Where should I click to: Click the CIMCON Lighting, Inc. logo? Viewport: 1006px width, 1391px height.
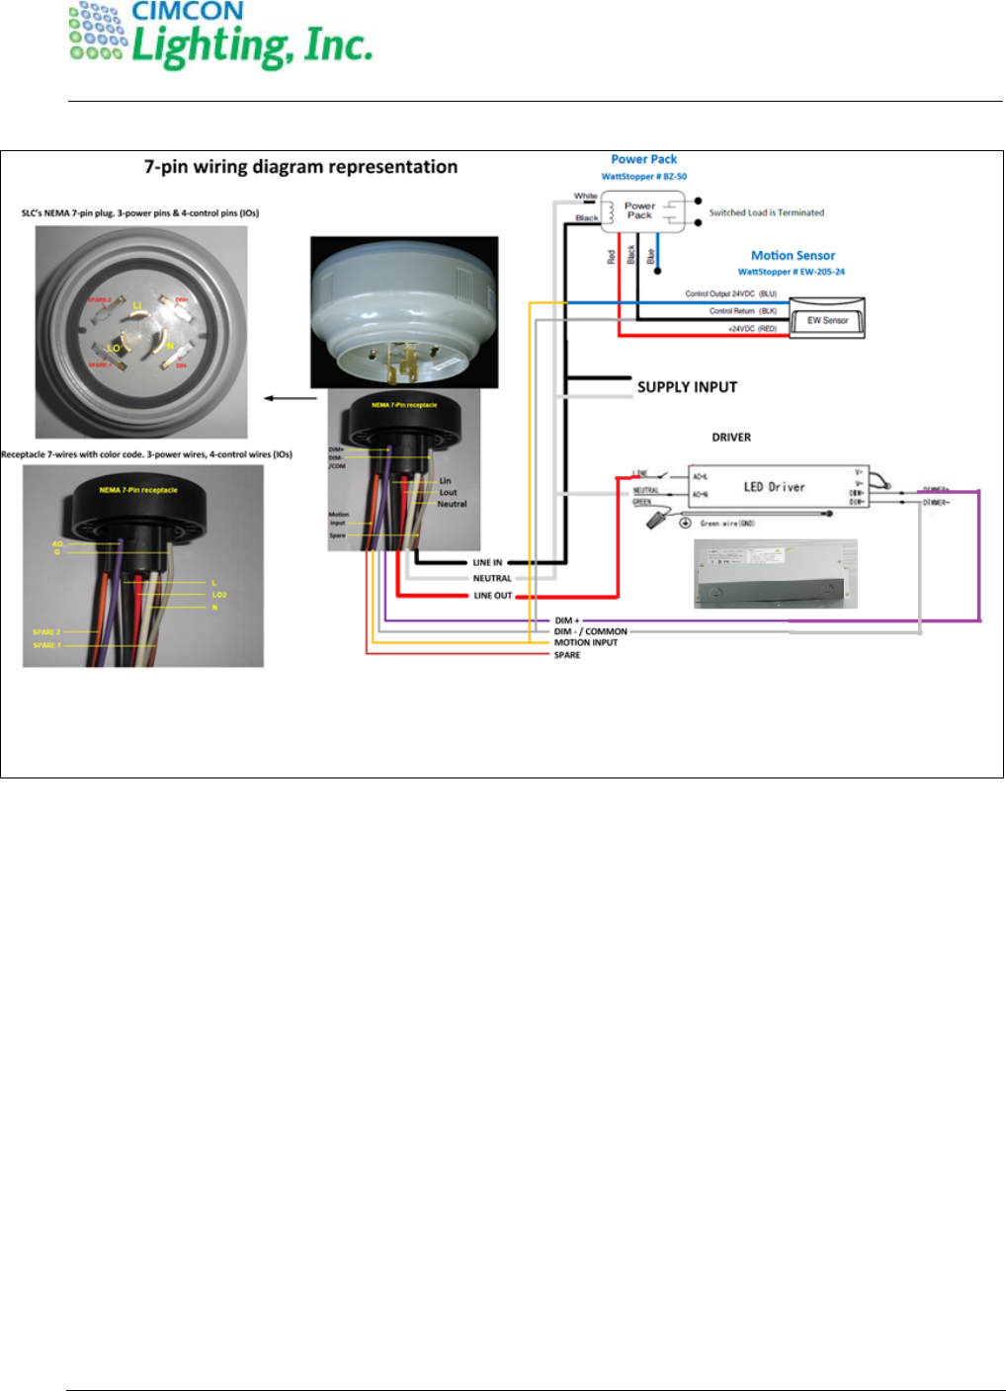tap(220, 38)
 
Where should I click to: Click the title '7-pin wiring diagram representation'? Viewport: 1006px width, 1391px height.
tap(300, 167)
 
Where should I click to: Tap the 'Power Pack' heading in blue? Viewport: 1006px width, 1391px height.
tap(643, 159)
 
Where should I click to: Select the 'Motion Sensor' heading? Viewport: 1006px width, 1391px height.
tap(793, 255)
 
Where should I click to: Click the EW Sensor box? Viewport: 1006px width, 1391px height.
tap(827, 320)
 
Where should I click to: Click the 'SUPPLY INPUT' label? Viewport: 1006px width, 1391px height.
tap(687, 387)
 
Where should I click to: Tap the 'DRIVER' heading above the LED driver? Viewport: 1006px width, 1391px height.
tap(731, 437)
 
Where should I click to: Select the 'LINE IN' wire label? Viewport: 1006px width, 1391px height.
tap(487, 562)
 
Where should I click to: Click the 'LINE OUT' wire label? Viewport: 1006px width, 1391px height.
tap(492, 596)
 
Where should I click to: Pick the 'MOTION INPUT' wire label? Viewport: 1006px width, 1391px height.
tap(586, 642)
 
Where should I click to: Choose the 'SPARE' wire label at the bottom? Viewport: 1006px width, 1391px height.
tap(567, 655)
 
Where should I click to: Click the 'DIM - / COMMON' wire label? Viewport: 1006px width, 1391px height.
tap(590, 631)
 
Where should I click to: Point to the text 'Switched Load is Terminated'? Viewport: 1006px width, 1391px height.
tap(766, 212)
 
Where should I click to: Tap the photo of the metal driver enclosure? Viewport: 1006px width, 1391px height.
tap(776, 574)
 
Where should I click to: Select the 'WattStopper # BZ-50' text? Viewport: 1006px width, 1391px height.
tap(644, 177)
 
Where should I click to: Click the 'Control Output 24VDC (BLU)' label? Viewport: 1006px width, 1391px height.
tap(731, 293)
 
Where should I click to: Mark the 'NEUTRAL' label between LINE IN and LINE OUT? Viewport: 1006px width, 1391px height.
tap(492, 579)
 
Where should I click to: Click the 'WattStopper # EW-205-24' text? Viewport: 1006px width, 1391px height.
tap(791, 272)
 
